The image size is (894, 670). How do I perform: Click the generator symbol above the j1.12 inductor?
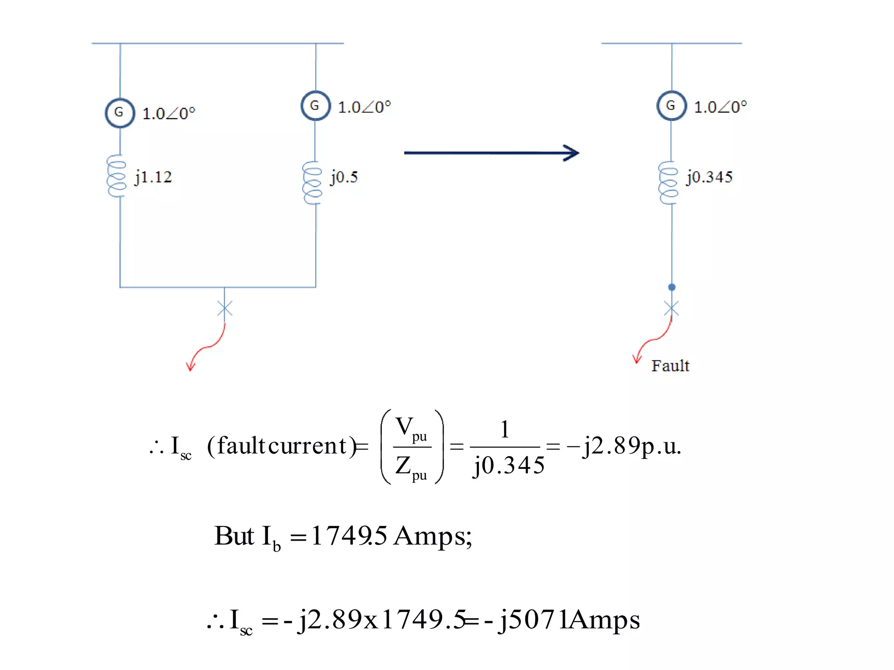click(120, 113)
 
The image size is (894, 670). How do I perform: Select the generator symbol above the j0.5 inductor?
click(315, 106)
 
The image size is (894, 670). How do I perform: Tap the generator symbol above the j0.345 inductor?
click(671, 106)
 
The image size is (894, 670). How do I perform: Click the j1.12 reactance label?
click(153, 177)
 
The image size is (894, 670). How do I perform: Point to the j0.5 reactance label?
click(344, 177)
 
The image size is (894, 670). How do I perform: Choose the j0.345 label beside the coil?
click(709, 177)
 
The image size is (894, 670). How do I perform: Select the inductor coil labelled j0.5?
click(313, 183)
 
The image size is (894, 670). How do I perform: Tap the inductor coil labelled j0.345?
click(668, 183)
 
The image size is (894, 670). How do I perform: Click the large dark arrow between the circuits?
click(491, 153)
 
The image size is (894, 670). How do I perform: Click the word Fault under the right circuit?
click(670, 366)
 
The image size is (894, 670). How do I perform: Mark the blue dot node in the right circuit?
click(672, 287)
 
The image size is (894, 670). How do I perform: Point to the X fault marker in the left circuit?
click(225, 308)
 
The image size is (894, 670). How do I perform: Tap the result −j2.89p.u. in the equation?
click(623, 446)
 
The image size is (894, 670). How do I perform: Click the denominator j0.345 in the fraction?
click(509, 465)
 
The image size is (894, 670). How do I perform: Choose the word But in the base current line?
click(234, 536)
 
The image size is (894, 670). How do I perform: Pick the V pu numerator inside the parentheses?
click(411, 428)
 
